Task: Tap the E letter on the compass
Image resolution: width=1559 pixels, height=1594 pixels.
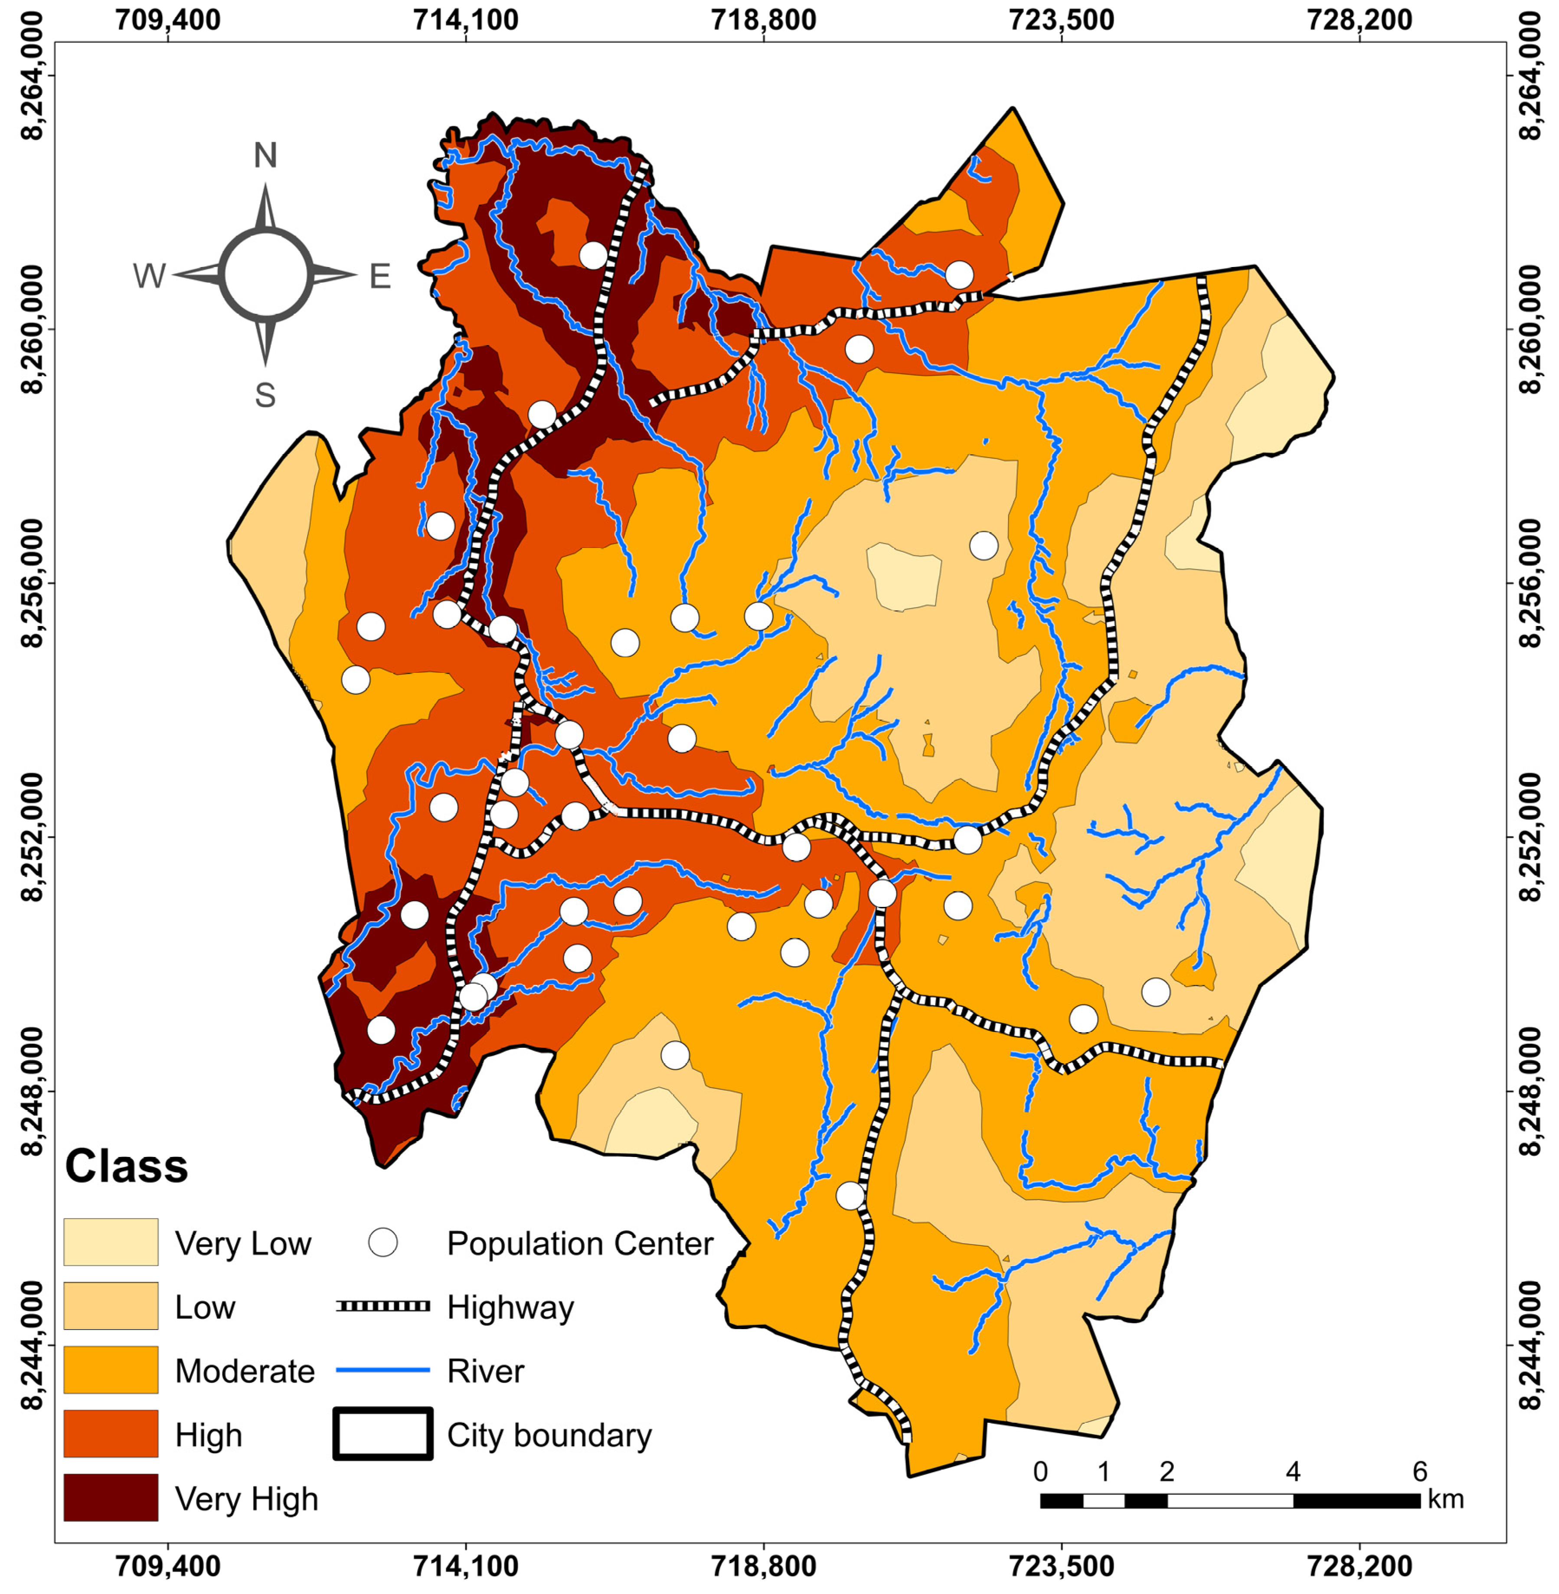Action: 380,277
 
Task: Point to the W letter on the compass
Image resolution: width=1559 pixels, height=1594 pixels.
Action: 149,277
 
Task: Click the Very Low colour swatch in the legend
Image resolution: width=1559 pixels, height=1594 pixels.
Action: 111,1242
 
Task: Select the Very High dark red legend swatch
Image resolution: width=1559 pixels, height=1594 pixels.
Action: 111,1497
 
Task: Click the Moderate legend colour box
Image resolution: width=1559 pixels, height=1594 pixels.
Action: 111,1370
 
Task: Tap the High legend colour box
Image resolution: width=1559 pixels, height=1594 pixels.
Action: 111,1434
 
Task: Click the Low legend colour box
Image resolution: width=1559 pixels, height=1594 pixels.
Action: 111,1306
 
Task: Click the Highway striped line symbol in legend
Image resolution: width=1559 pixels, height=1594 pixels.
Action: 382,1306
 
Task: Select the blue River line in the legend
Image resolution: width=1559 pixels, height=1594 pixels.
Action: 382,1370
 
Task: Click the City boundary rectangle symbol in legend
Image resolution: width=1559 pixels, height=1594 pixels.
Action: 382,1434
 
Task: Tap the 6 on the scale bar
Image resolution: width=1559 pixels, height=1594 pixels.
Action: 1420,1471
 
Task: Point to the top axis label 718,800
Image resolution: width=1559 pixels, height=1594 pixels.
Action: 763,20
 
